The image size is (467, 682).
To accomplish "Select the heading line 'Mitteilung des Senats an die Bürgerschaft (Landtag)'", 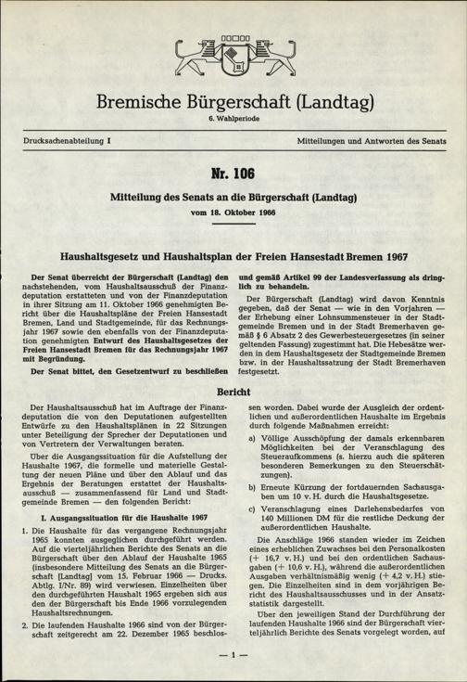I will click(233, 197).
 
